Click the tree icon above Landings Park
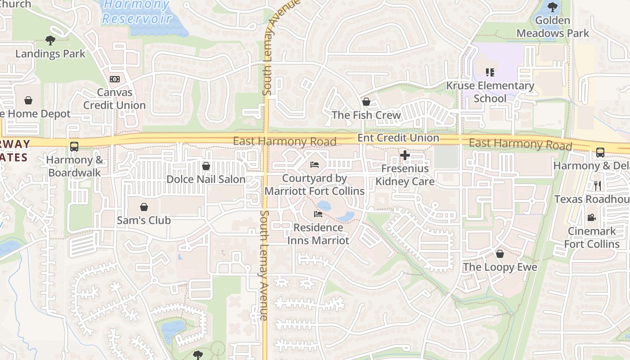tap(50, 40)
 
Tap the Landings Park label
tap(50, 54)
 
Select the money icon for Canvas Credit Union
tap(115, 79)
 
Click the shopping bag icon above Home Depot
tap(28, 100)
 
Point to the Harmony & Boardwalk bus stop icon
tap(74, 147)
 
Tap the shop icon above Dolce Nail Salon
tap(206, 166)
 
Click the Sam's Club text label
tap(144, 220)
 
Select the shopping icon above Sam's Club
tap(144, 207)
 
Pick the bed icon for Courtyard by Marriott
tap(315, 165)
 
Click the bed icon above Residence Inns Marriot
tap(318, 214)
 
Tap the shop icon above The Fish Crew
tap(366, 102)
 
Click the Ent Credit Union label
tap(398, 138)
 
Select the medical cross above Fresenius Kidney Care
tap(405, 156)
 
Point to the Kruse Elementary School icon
tap(490, 72)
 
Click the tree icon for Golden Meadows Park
tap(553, 7)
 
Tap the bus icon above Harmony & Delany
tap(600, 152)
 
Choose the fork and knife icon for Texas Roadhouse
tap(598, 185)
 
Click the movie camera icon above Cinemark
tap(592, 218)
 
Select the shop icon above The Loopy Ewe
tap(500, 254)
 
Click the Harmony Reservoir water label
tap(137, 12)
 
